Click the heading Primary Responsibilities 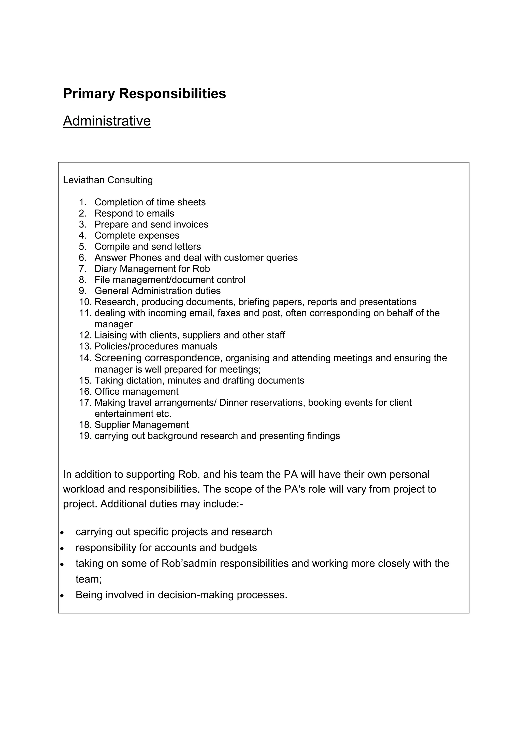coord(144,94)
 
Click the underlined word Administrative coord(107,121)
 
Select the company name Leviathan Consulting coord(108,180)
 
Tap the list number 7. coord(82,269)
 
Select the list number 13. coord(85,346)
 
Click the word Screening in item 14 coord(118,358)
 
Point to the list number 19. coord(85,436)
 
